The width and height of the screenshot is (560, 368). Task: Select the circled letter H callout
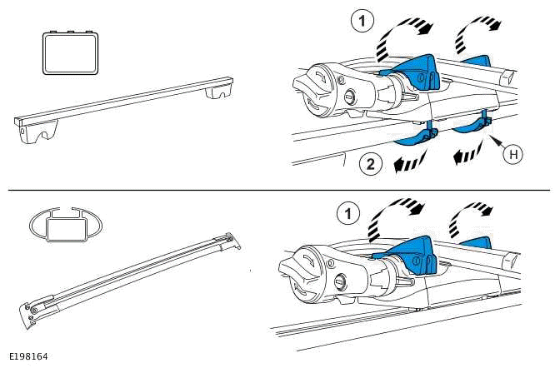[517, 155]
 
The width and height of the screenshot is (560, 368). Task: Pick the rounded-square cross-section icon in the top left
[70, 54]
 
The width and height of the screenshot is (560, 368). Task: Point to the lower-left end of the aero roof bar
[30, 316]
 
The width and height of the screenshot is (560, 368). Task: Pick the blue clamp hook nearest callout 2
[422, 136]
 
